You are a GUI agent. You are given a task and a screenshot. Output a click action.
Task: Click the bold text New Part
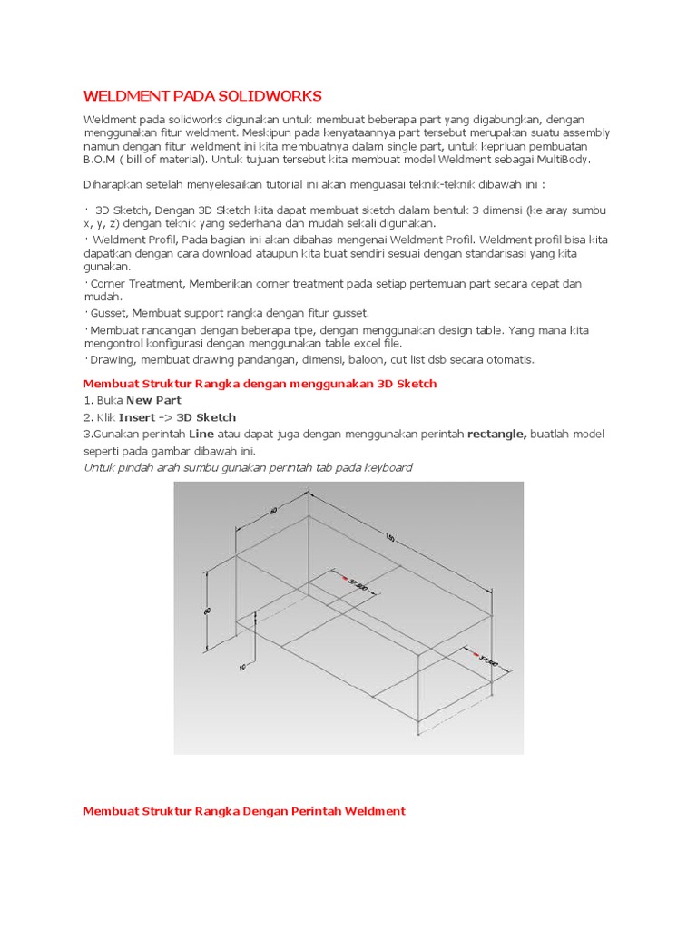click(x=153, y=400)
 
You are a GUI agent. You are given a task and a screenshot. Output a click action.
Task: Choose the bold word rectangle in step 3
click(x=496, y=435)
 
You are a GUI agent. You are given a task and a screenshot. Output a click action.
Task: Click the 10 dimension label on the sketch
click(x=241, y=667)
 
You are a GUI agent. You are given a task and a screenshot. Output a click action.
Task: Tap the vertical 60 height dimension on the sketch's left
click(x=208, y=612)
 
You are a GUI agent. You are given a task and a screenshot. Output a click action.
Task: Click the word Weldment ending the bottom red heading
click(x=373, y=810)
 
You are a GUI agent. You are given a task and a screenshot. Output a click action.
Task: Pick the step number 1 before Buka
click(x=87, y=400)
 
